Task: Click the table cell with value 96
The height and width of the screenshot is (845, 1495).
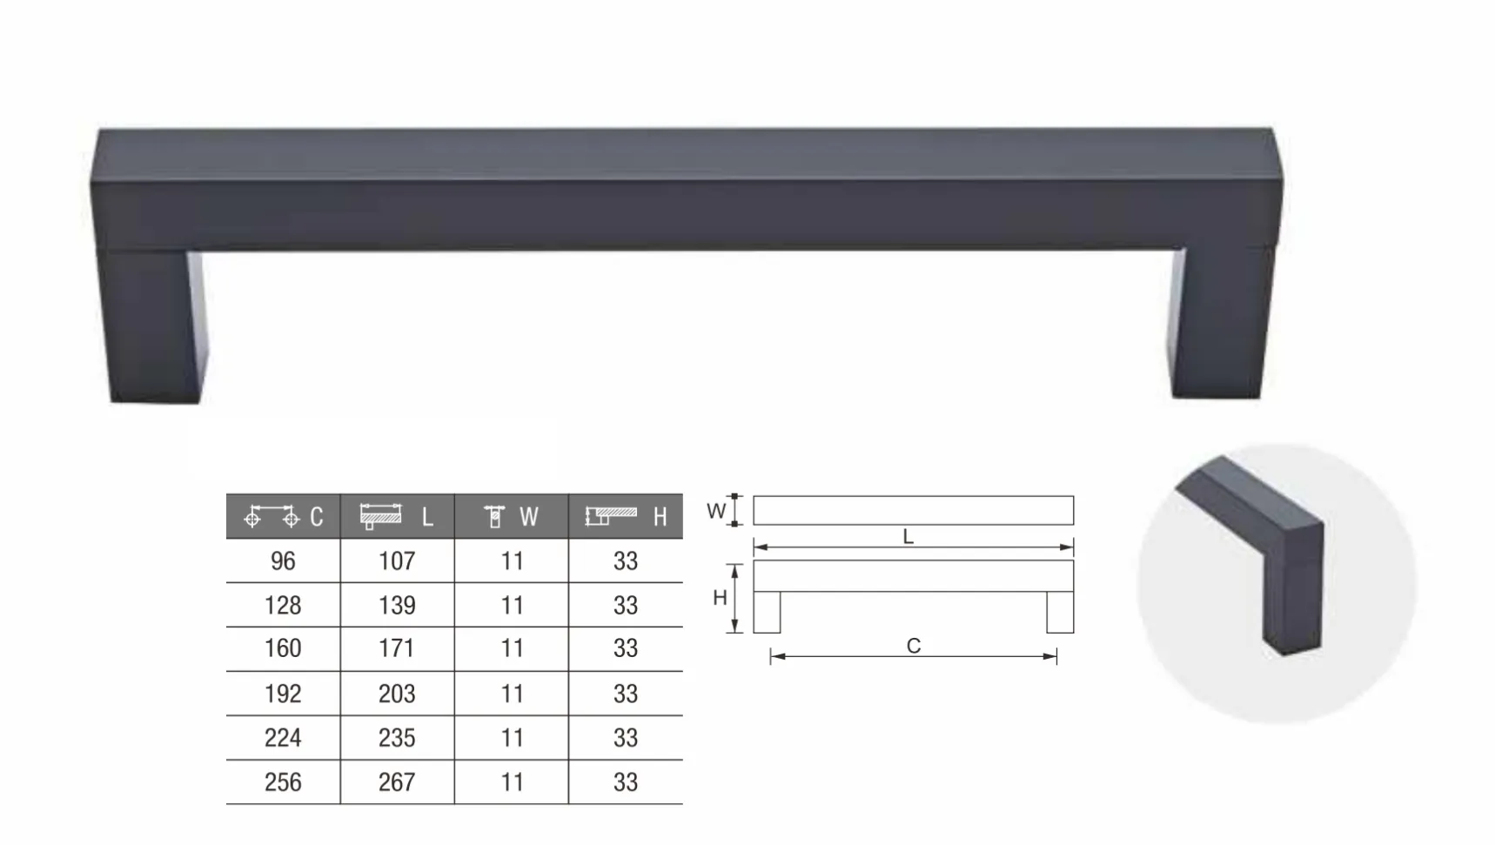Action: tap(283, 561)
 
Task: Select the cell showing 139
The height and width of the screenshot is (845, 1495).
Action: tap(397, 606)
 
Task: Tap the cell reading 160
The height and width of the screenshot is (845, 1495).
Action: tap(283, 649)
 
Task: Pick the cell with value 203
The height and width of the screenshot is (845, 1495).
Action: tap(397, 694)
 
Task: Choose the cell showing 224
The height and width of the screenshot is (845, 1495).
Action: tap(283, 738)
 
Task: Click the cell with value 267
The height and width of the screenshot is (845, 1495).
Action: tap(397, 782)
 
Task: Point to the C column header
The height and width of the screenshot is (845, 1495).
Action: tap(283, 517)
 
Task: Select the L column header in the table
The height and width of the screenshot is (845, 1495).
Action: tap(397, 517)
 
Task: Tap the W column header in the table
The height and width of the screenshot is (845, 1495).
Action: tap(512, 517)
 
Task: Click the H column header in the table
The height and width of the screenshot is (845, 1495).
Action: tap(626, 517)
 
